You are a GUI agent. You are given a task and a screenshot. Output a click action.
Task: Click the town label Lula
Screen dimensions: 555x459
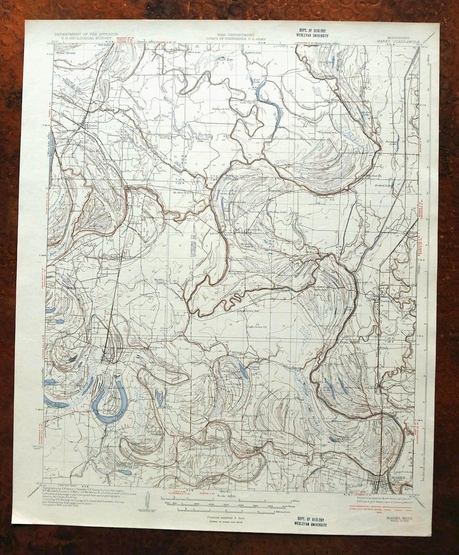point(91,126)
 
